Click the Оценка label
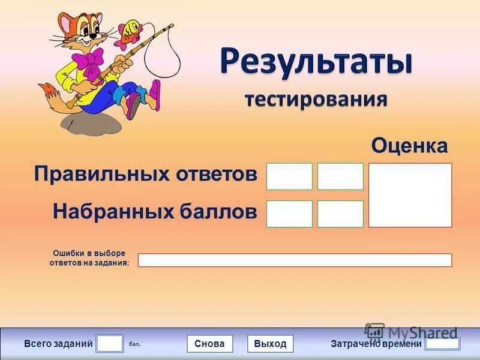(x=409, y=145)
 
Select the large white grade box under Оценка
(x=410, y=195)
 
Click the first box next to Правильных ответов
(x=289, y=176)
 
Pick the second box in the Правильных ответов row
(x=340, y=176)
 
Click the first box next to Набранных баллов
(x=289, y=214)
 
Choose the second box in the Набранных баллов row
(x=340, y=214)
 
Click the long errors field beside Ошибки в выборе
(x=295, y=260)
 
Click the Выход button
(x=270, y=344)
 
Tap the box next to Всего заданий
(x=110, y=343)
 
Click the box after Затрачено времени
(x=442, y=344)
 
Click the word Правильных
(x=93, y=175)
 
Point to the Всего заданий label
(x=58, y=344)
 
